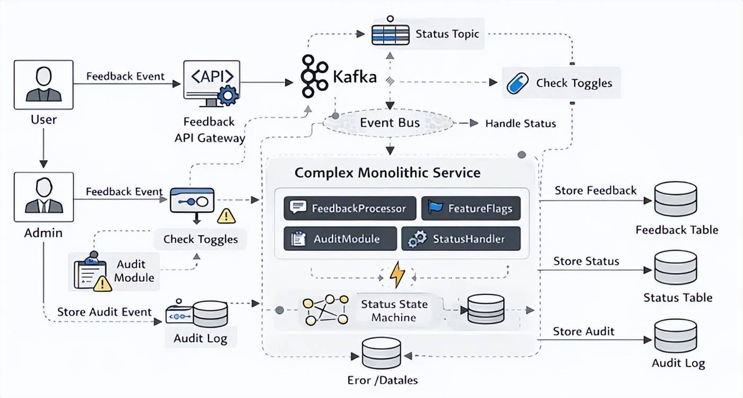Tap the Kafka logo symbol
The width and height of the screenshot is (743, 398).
(x=314, y=76)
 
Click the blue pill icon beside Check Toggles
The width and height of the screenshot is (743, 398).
(x=517, y=83)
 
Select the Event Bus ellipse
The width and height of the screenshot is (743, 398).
(x=390, y=123)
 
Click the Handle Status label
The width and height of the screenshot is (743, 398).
(x=521, y=124)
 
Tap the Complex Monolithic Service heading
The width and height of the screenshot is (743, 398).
(x=387, y=172)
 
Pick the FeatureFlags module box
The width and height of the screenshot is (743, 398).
(x=471, y=208)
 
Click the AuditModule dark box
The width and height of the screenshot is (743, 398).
(x=340, y=239)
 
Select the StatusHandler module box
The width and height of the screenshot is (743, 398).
(x=461, y=239)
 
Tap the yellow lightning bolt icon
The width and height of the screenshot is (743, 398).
(x=397, y=275)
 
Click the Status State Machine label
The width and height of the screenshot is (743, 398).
(x=394, y=311)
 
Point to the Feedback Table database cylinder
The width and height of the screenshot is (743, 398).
(x=676, y=199)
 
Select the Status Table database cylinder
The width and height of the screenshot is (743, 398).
(x=676, y=267)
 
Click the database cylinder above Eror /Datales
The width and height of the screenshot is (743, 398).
(x=381, y=352)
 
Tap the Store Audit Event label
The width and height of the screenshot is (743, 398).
(x=105, y=312)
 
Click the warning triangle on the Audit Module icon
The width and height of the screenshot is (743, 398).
(x=102, y=284)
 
